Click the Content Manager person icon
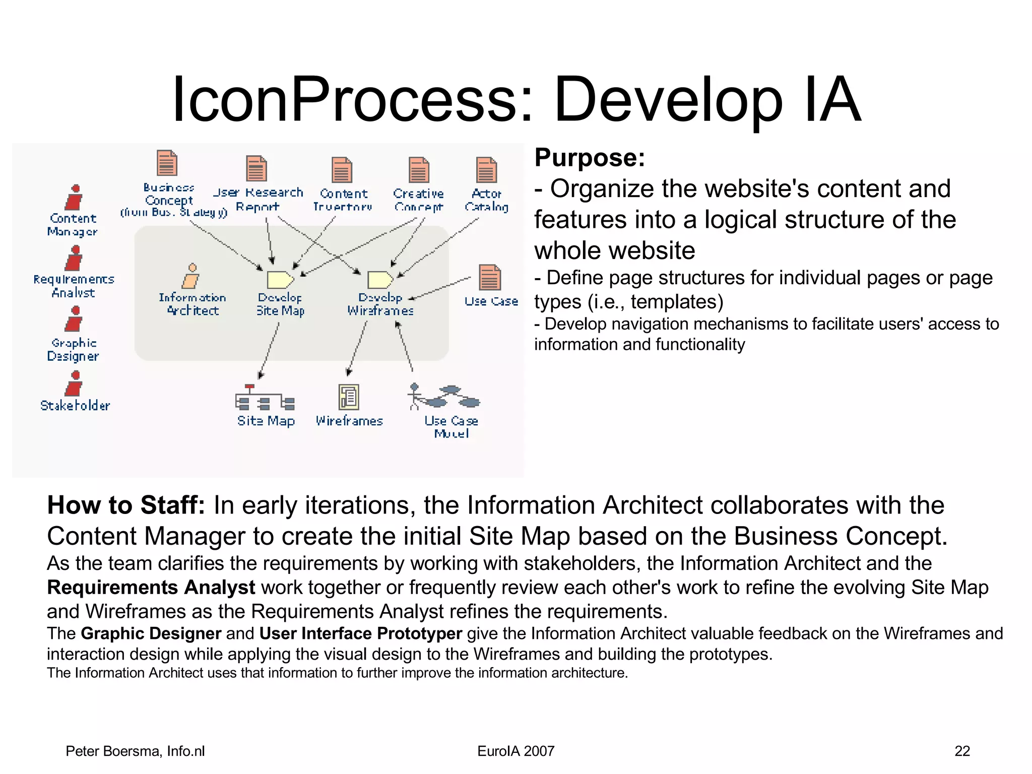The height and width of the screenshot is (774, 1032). coord(74,198)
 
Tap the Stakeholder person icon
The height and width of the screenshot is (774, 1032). coord(74,384)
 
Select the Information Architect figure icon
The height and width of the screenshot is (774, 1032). coord(191,276)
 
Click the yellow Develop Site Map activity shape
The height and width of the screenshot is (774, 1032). coord(280,279)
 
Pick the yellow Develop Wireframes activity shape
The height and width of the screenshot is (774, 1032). coord(380,279)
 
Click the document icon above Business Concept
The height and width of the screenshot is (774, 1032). coord(167,163)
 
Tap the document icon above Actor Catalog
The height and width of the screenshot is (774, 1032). coord(486,170)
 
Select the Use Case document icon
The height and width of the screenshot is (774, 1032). coord(489,277)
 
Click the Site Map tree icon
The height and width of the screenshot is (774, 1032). coord(265,398)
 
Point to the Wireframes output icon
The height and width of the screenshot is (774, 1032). coord(349,397)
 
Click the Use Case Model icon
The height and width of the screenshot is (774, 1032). coord(444,397)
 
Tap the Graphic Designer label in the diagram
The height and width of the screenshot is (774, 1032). coord(73,350)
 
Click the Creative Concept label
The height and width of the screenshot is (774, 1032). coord(418,200)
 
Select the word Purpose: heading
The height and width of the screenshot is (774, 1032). coord(590,158)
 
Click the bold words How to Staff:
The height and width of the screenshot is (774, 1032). coord(126,505)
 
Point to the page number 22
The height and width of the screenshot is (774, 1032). coord(962,751)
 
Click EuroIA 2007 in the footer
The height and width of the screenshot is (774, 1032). coord(515,751)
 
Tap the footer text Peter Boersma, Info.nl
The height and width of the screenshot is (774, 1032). coord(135,751)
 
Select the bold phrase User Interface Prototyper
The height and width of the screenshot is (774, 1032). coord(361,633)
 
